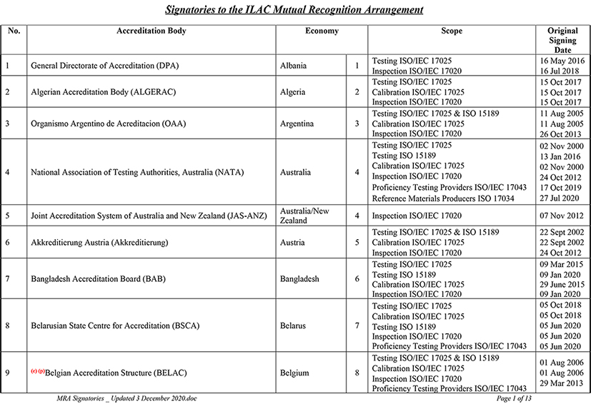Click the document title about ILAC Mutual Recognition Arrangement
point(294,10)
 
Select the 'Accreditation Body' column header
point(152,31)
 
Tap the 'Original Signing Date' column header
point(562,41)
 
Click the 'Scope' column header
point(452,31)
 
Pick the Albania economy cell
point(294,66)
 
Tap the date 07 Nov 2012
point(562,216)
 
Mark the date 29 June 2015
point(562,284)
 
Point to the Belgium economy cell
point(294,373)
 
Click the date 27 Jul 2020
point(562,198)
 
